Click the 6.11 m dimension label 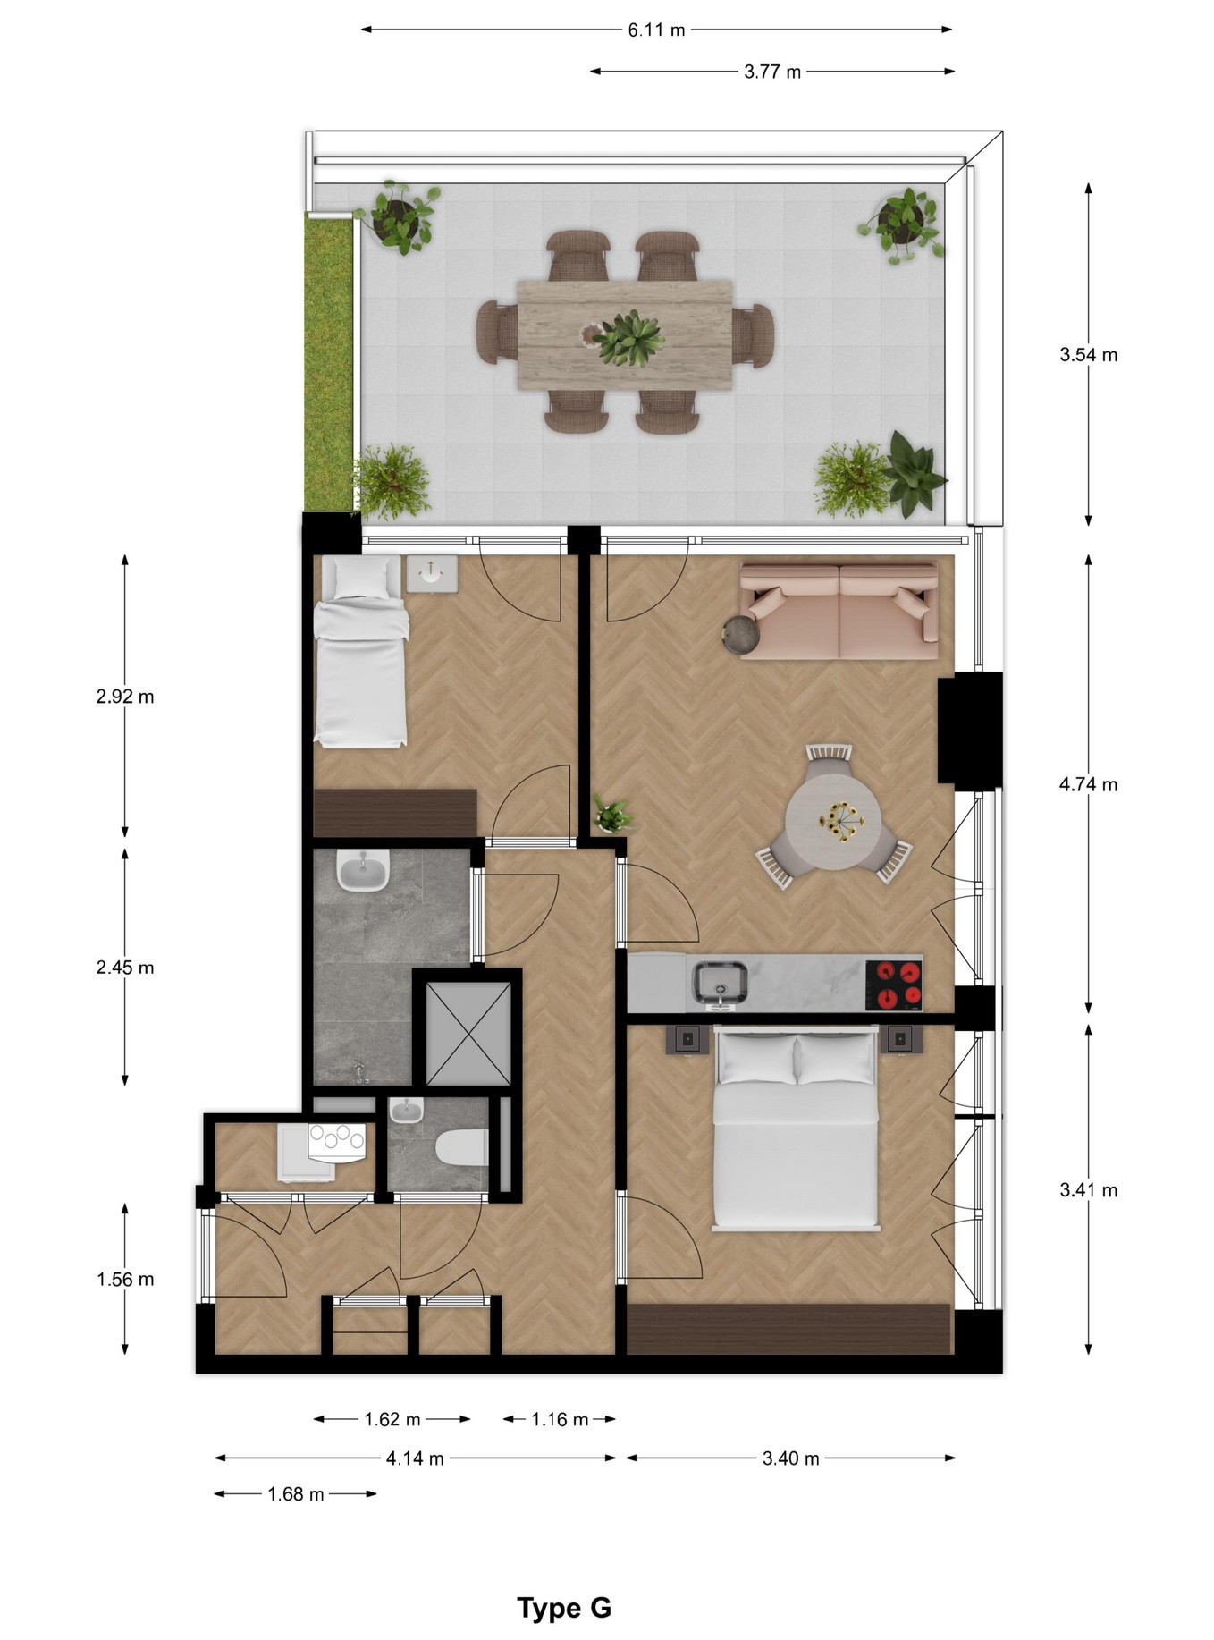pos(656,30)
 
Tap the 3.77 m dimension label pos(772,72)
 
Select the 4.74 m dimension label pos(1088,784)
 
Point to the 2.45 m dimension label pos(125,968)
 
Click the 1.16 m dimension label pos(560,1419)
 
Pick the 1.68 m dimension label pos(296,1494)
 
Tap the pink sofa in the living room pos(839,612)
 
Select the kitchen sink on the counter pos(721,983)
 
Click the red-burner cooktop pos(895,984)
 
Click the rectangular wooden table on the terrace pos(625,334)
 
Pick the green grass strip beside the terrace pos(329,362)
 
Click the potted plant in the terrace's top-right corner pos(903,223)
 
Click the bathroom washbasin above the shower pos(362,870)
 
